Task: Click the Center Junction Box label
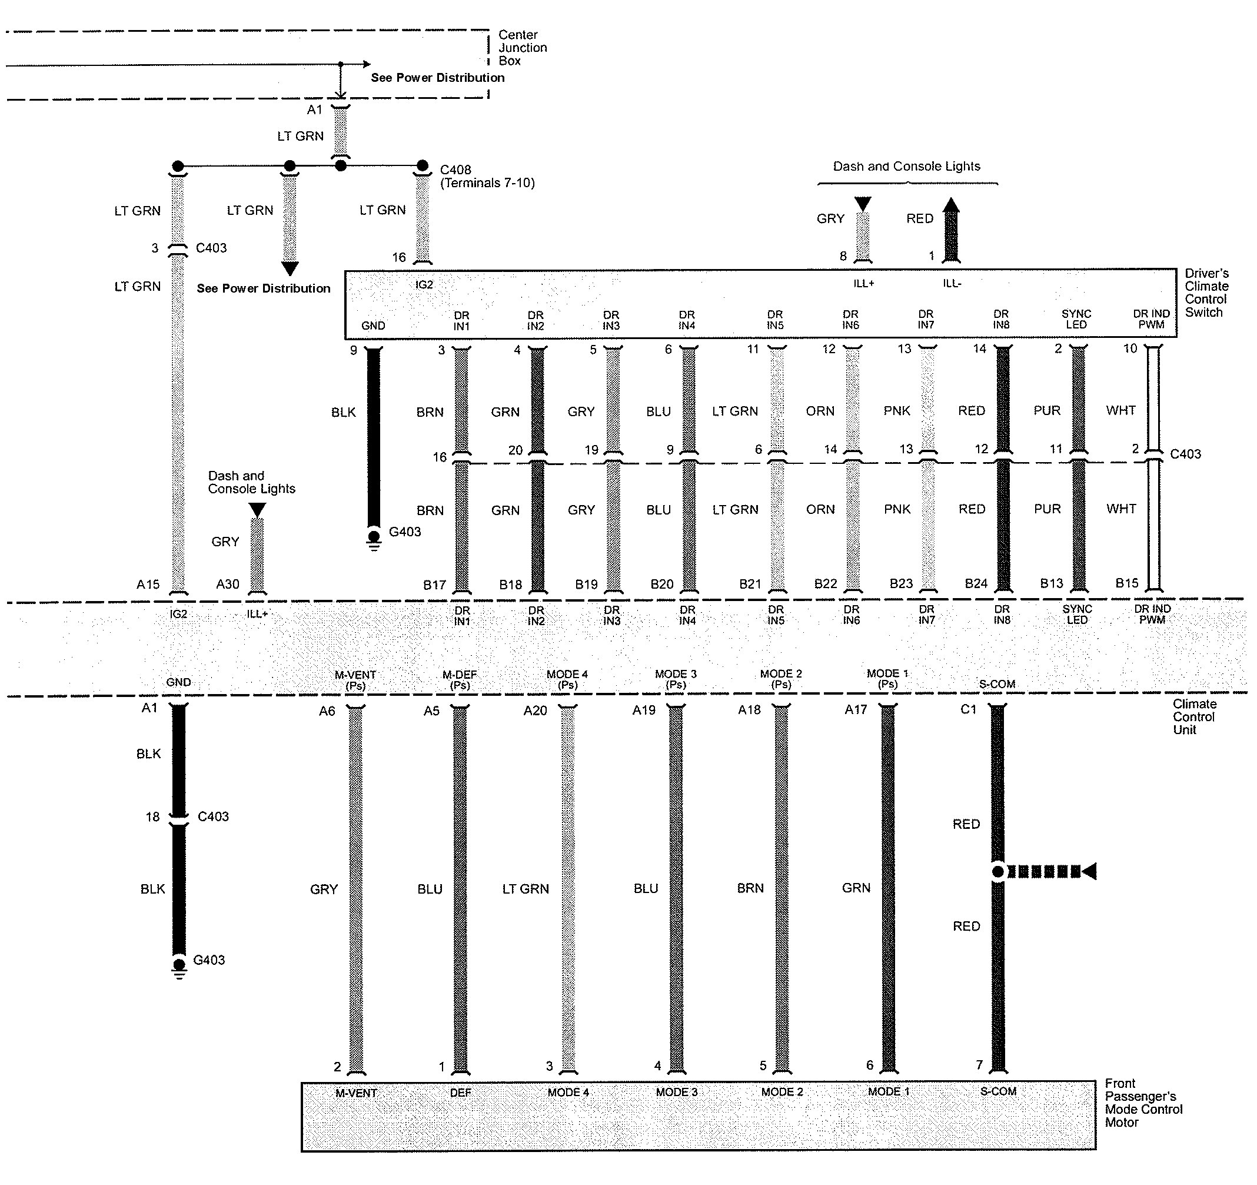(521, 48)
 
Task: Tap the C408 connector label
(455, 170)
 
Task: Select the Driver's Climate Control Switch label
(1206, 293)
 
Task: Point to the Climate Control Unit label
(1194, 716)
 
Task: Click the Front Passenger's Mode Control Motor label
(1143, 1103)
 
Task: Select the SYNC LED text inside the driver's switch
(1076, 319)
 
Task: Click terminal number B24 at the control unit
(976, 583)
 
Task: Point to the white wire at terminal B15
(1153, 525)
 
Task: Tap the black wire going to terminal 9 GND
(374, 436)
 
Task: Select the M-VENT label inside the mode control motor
(356, 1093)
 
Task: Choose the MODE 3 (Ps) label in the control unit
(676, 679)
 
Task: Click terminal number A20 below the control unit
(535, 711)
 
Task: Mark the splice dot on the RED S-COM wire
(997, 871)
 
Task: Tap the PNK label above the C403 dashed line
(897, 411)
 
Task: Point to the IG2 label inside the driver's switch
(424, 284)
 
